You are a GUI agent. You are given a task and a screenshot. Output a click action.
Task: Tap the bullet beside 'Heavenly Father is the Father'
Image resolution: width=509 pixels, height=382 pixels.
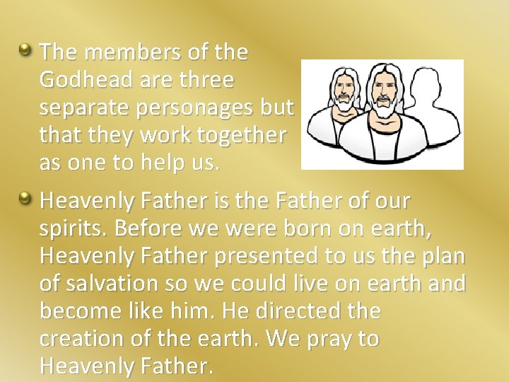[25, 200]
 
